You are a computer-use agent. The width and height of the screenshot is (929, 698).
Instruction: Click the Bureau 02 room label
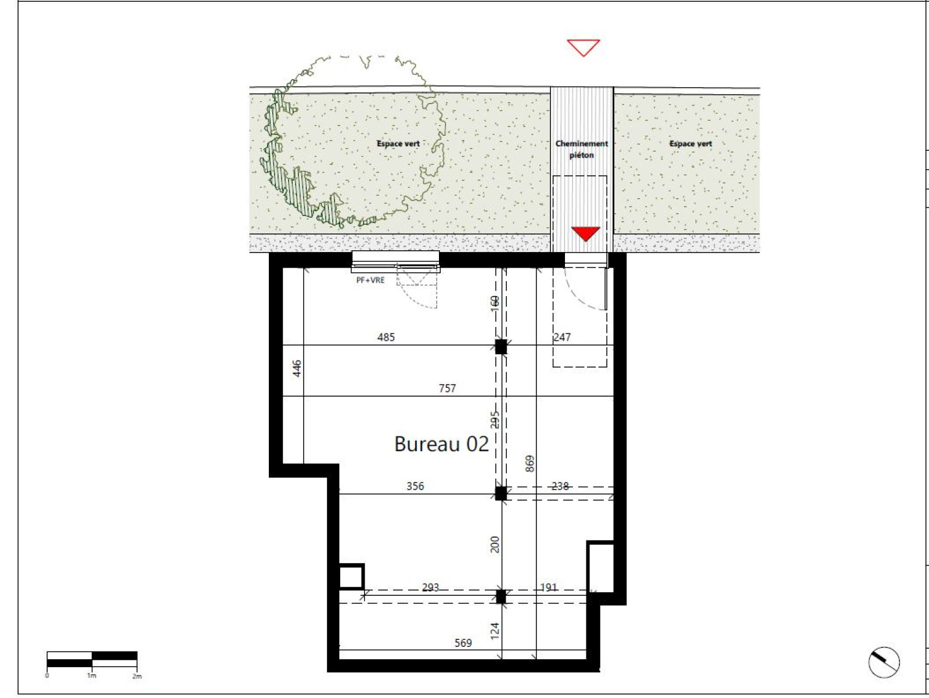click(441, 444)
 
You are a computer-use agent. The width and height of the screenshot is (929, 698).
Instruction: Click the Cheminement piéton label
click(582, 149)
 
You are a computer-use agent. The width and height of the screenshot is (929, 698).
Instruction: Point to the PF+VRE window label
click(370, 280)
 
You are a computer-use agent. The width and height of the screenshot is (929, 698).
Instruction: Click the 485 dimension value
click(386, 337)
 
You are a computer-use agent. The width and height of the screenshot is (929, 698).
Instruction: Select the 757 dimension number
click(447, 388)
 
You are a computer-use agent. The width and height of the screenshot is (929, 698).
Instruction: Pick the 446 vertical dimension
click(297, 368)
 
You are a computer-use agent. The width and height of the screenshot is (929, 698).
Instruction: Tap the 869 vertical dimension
click(530, 464)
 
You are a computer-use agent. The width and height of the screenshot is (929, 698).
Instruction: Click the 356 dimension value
click(415, 486)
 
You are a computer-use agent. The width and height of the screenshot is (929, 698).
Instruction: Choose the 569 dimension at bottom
click(463, 643)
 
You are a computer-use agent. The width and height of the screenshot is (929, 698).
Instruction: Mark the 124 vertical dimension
click(495, 631)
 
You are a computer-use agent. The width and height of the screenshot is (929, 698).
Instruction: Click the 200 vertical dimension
click(495, 544)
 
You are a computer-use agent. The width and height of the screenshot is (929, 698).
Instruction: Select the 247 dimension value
click(563, 337)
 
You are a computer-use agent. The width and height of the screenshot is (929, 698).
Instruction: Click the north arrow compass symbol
click(884, 663)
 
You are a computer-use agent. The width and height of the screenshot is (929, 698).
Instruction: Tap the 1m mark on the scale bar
click(92, 676)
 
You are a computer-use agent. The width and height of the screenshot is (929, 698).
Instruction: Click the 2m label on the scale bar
click(136, 677)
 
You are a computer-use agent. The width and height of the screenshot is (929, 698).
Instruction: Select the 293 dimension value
click(430, 588)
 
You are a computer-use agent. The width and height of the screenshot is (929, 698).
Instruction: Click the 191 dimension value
click(549, 588)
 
